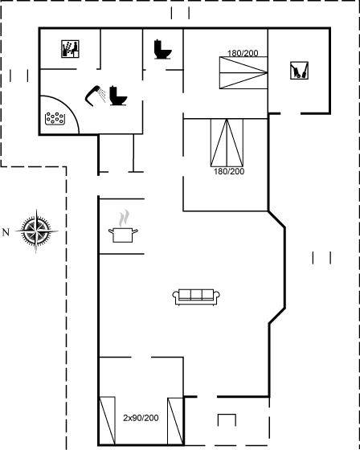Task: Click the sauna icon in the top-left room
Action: coord(70,49)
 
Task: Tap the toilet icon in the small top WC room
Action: coord(163,49)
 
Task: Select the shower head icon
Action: coord(95,96)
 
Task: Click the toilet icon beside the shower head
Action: coord(118,96)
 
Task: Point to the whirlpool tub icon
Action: coord(55,119)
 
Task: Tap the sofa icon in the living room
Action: coord(196,297)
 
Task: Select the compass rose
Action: coord(36,231)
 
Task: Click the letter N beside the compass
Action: coord(6,232)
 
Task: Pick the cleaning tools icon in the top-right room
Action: coord(300,71)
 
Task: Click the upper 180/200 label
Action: coord(243,53)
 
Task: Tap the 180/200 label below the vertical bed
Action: coord(229,171)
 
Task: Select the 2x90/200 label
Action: coord(141,418)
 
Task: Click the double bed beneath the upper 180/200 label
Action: coord(243,72)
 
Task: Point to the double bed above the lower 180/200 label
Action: coord(227,143)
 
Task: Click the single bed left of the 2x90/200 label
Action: coord(108,421)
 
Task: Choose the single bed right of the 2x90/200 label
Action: coord(175,421)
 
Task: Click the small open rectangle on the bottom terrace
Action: coord(227,419)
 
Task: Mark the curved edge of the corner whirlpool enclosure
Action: coord(68,105)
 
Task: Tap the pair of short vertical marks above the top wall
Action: coord(180,13)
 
